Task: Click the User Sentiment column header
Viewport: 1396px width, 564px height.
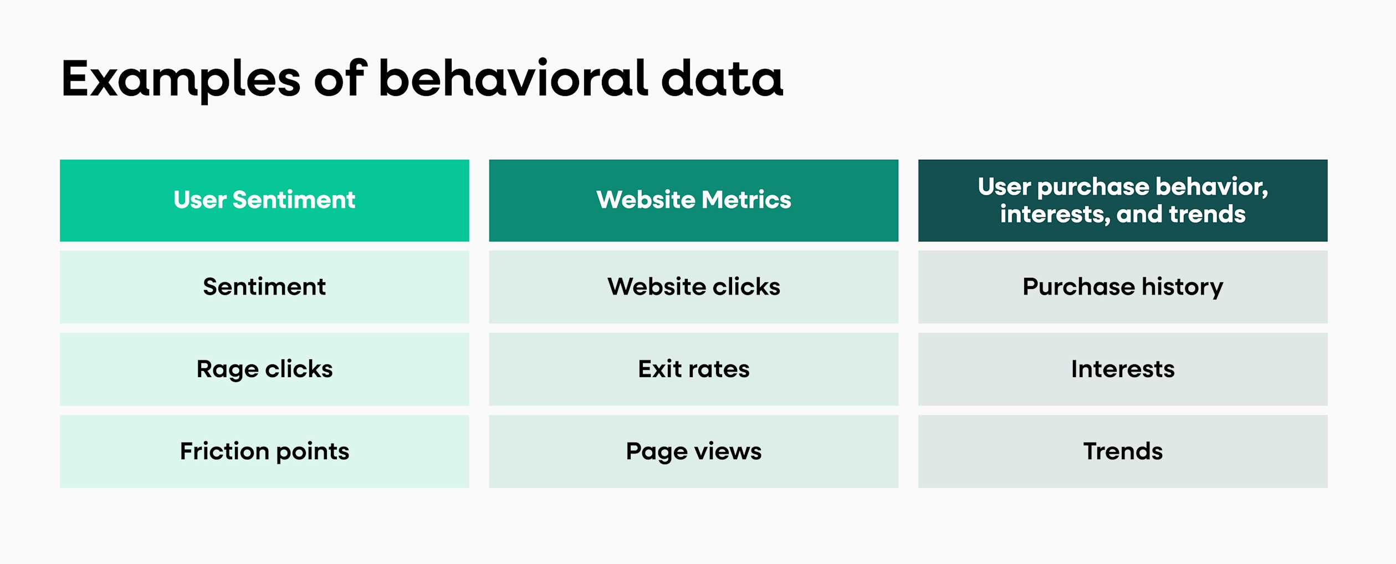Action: click(x=264, y=200)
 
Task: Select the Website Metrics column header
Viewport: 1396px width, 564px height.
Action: click(x=693, y=200)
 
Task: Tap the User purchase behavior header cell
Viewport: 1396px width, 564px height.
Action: click(x=1122, y=200)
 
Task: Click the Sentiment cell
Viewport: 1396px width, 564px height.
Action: click(x=264, y=287)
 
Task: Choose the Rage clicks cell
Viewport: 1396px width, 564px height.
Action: click(x=264, y=369)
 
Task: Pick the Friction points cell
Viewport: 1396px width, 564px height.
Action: click(x=264, y=451)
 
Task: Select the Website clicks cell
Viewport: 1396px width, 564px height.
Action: click(x=693, y=287)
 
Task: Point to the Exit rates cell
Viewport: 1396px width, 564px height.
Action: click(x=693, y=369)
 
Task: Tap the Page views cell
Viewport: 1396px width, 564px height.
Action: click(x=693, y=451)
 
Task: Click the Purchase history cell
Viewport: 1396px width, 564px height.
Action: click(x=1122, y=287)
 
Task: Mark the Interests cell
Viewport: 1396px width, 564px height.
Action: click(x=1122, y=369)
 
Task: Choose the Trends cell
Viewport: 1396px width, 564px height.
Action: click(x=1122, y=451)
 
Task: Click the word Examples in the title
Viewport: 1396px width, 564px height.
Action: click(x=181, y=79)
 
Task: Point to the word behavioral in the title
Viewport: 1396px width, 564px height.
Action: click(x=513, y=79)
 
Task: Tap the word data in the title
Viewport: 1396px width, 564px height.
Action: click(x=722, y=79)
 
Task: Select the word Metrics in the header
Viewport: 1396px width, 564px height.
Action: click(x=746, y=200)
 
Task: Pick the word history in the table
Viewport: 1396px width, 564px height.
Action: click(x=1182, y=287)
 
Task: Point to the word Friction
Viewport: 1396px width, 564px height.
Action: click(x=224, y=451)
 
